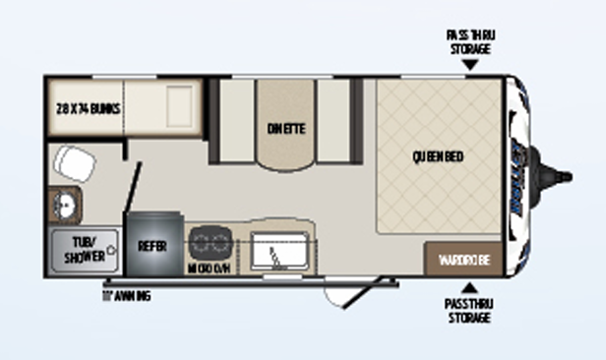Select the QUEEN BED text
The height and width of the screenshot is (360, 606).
(438, 156)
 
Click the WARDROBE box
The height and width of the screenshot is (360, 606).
(463, 260)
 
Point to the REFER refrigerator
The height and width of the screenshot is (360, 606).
(151, 245)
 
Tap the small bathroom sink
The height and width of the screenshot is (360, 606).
(67, 206)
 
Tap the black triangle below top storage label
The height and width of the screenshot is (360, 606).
(471, 65)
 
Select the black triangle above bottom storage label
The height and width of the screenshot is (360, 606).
(470, 288)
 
